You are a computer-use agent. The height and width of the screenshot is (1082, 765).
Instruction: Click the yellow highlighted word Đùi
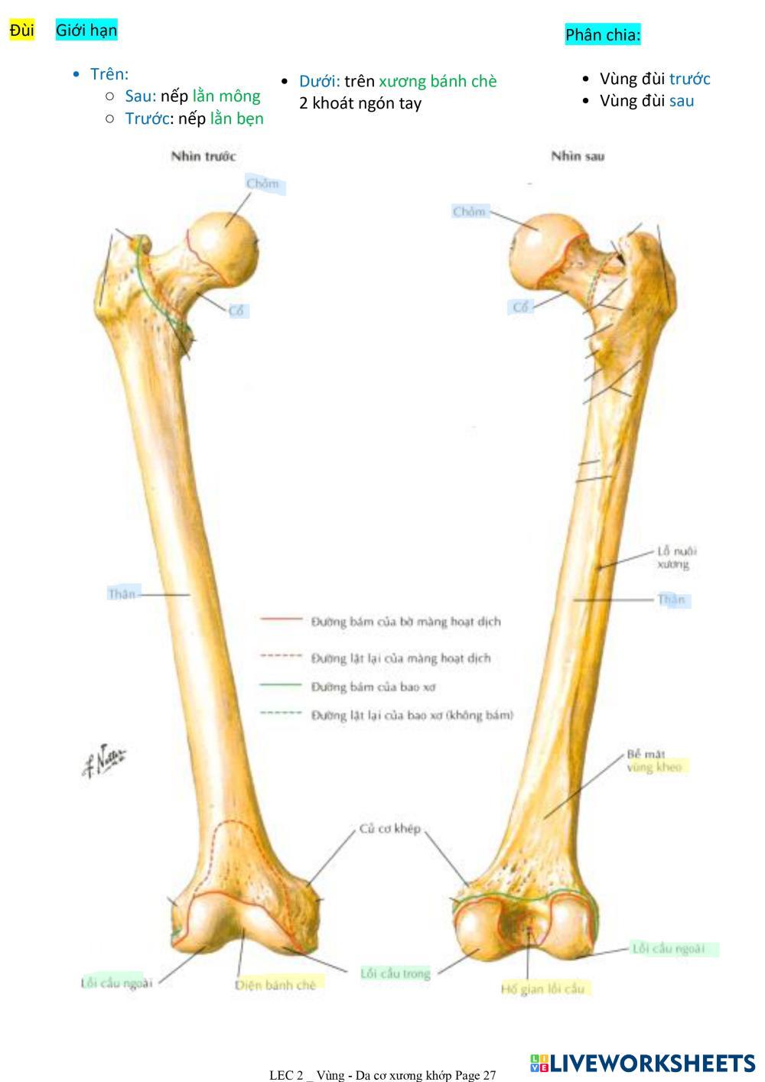pyautogui.click(x=22, y=31)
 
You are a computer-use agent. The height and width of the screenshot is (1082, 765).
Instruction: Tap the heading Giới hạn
pyautogui.click(x=86, y=31)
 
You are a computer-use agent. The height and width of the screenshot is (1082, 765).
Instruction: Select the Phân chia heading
pyautogui.click(x=603, y=34)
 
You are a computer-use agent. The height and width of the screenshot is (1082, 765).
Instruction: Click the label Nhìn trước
pyautogui.click(x=203, y=156)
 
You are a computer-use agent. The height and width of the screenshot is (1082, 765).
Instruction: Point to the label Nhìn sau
pyautogui.click(x=578, y=156)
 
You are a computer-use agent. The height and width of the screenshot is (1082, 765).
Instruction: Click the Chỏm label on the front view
pyautogui.click(x=262, y=184)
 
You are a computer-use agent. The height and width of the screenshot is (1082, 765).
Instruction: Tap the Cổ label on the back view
pyautogui.click(x=521, y=307)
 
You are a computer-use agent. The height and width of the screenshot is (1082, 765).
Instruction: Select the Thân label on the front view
pyautogui.click(x=122, y=593)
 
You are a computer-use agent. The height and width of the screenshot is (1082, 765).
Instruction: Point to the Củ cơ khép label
pyautogui.click(x=390, y=829)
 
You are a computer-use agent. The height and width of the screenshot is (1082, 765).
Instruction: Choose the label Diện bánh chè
pyautogui.click(x=275, y=985)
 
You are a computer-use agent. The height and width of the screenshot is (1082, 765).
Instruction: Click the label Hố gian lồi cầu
pyautogui.click(x=542, y=989)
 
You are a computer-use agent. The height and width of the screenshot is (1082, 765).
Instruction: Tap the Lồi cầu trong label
pyautogui.click(x=396, y=973)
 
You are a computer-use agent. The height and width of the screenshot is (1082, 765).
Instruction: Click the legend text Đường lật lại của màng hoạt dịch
pyautogui.click(x=401, y=658)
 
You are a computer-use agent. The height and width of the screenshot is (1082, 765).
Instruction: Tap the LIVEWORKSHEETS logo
pyautogui.click(x=643, y=1063)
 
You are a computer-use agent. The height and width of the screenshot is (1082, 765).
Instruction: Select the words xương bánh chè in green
pyautogui.click(x=438, y=81)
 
